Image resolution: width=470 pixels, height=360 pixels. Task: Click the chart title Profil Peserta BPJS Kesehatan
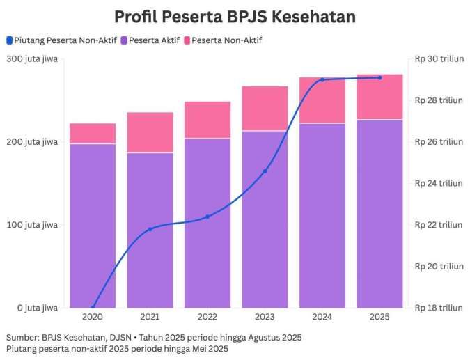click(235, 17)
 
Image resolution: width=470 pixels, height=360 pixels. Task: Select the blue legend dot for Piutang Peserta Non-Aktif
click(8, 40)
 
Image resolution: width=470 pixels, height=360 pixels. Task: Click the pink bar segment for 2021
click(150, 132)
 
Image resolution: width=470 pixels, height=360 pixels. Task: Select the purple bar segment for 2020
click(93, 226)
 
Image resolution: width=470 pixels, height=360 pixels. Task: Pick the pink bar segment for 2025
click(379, 97)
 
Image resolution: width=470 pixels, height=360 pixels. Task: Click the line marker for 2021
click(150, 229)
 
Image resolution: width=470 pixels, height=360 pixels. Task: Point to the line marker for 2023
click(265, 171)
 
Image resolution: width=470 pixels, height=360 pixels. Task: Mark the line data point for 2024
click(322, 79)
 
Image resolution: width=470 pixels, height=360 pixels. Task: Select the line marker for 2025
click(379, 77)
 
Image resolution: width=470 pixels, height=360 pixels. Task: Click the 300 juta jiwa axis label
click(31, 59)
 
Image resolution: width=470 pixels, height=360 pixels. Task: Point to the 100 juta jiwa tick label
click(31, 225)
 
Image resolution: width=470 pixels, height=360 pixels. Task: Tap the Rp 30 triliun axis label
click(439, 59)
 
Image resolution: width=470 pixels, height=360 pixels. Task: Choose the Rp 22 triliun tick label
click(439, 225)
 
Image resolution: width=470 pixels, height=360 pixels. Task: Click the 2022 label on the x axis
click(207, 317)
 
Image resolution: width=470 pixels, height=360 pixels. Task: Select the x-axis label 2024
click(322, 317)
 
